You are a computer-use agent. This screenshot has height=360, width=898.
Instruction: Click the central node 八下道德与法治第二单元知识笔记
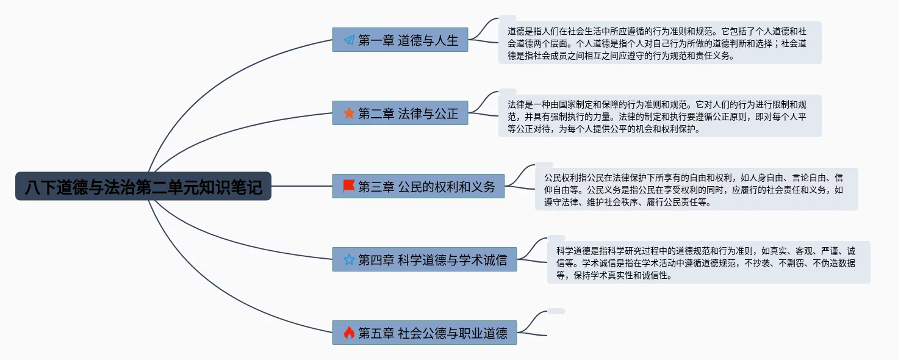143,186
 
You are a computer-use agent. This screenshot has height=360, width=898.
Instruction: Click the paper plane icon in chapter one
349,40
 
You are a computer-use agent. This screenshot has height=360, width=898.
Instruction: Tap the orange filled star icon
349,113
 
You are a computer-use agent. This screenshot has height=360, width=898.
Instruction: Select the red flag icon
349,186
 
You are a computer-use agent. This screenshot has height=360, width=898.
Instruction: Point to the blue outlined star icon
349,260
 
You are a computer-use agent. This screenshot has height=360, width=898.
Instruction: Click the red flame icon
349,333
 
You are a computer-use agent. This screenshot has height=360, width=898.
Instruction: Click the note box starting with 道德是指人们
659,43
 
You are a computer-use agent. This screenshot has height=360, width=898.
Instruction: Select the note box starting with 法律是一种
659,116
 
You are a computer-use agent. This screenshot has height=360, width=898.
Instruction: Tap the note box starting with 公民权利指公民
696,189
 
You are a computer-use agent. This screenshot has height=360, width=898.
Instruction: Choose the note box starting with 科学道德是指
708,262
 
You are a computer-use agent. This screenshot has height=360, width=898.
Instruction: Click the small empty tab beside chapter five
556,311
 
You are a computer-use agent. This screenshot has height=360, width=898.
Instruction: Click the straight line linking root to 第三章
301,186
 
